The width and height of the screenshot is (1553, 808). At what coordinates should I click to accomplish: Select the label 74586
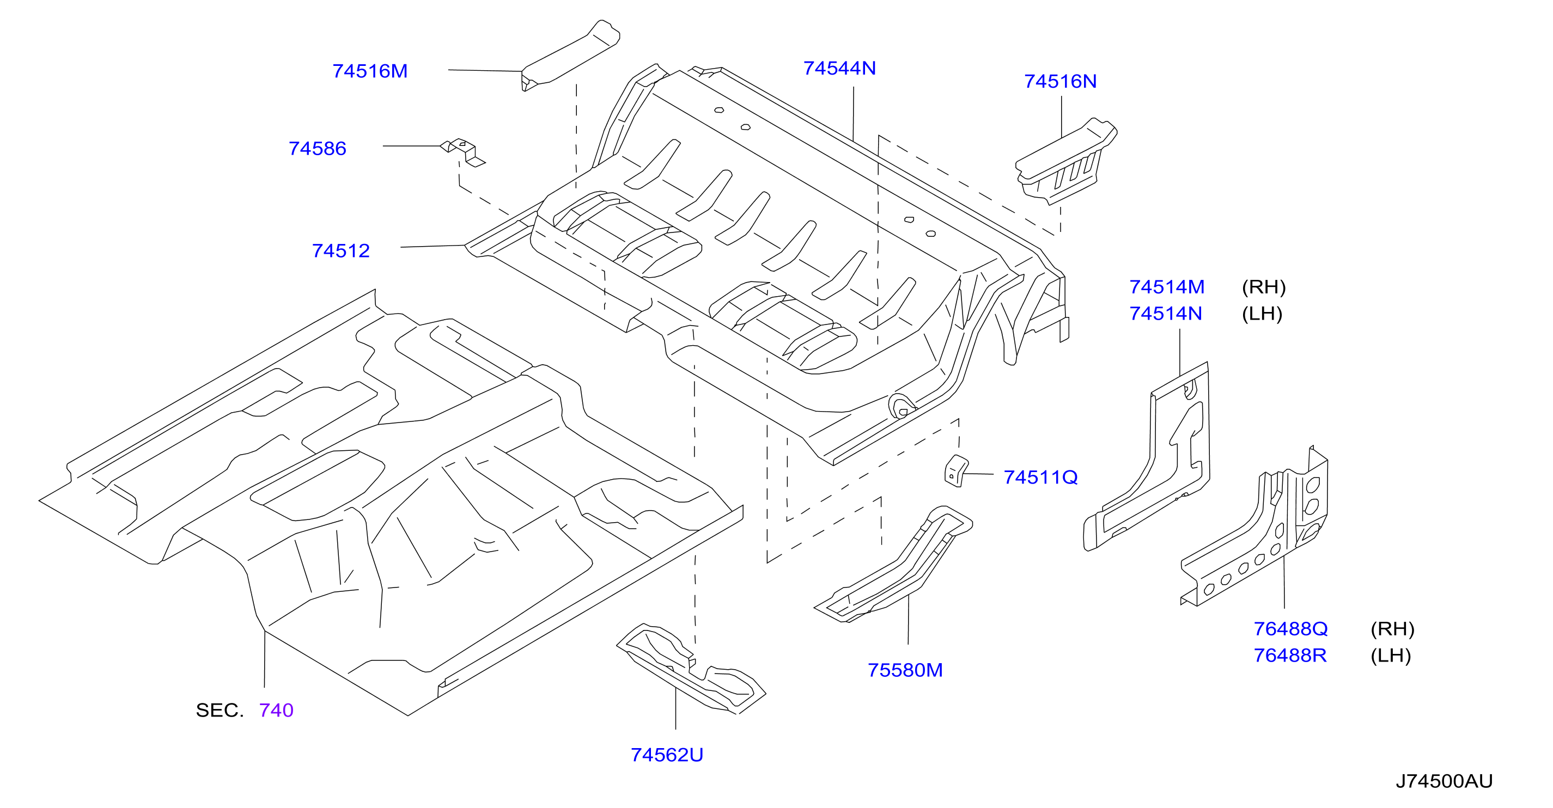point(317,149)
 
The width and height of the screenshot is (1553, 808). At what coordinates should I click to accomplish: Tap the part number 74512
point(340,250)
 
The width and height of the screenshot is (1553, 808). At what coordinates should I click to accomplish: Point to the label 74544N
point(839,68)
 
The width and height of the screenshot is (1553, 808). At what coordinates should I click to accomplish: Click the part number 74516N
point(1060,81)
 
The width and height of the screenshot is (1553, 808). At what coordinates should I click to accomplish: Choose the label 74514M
point(1167,287)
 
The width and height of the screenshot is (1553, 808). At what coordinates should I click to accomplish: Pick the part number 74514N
point(1165,313)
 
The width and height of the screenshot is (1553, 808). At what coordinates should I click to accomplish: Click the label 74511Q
point(1040,477)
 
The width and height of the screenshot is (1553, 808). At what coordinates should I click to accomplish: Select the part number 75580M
point(905,670)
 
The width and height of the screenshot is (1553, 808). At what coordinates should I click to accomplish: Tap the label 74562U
point(667,755)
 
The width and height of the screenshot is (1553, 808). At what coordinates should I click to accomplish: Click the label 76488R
point(1289,656)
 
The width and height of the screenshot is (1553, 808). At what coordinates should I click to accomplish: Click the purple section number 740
point(276,711)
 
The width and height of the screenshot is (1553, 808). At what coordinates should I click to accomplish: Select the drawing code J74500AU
point(1444,781)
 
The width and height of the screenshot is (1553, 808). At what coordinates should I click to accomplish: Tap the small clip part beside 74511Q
point(955,471)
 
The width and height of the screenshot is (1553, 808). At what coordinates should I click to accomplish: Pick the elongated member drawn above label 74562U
point(691,669)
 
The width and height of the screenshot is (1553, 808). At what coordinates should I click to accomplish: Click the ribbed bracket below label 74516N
point(1065,162)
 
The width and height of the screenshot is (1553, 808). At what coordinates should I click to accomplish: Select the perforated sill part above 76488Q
point(1254,527)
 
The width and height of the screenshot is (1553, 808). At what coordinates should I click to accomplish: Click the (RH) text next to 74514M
point(1264,287)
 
